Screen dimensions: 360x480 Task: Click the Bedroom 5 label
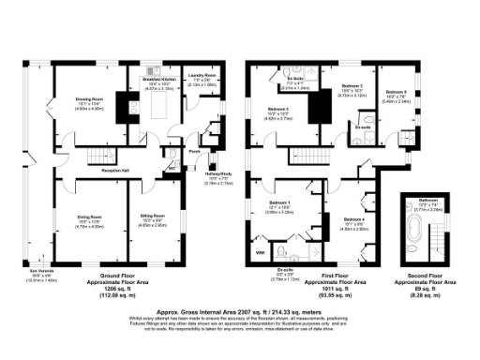pos(397,93)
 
